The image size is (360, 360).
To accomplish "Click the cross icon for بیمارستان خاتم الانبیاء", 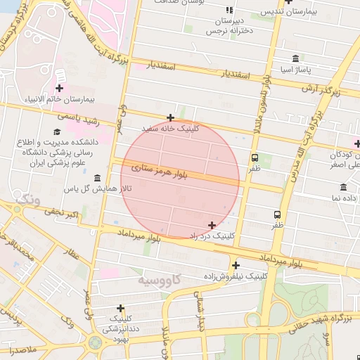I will tap(59, 88).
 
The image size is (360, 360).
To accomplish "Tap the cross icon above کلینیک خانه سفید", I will tap(170, 117).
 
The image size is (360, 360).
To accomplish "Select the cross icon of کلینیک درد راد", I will tap(212, 225).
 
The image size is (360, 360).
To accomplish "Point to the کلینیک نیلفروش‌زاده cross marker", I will tap(236, 265).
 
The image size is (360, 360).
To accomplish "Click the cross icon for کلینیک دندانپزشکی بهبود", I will tap(120, 308).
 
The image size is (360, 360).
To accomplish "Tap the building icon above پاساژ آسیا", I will tap(295, 58).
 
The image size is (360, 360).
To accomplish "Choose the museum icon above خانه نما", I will tap(343, 187).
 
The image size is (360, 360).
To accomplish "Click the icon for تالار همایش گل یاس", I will tap(96, 178).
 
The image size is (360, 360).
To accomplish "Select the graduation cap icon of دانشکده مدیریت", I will tap(57, 131).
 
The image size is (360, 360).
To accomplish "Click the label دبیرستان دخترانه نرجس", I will tap(229, 26).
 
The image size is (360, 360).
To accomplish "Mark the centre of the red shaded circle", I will tap(181, 179).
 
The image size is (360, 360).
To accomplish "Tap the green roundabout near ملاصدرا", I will tap(96, 343).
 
